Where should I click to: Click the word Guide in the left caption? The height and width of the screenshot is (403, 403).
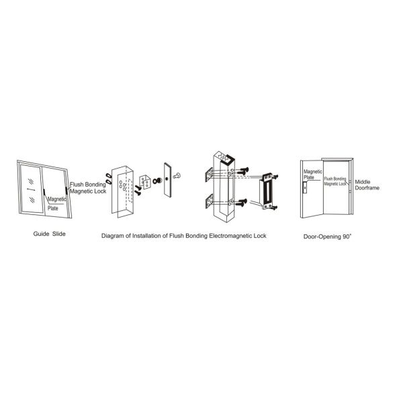(x=41, y=234)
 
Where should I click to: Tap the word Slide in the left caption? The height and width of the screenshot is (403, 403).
(x=59, y=234)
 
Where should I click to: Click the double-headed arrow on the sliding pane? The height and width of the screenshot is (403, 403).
(x=31, y=189)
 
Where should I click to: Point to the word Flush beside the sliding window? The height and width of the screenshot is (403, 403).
(x=77, y=185)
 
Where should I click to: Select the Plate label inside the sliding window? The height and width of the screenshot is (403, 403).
(x=53, y=208)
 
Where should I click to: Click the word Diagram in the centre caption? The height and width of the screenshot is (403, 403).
(x=113, y=236)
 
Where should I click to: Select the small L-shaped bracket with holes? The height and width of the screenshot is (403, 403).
(x=145, y=182)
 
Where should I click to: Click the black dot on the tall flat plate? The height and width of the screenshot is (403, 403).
(x=167, y=179)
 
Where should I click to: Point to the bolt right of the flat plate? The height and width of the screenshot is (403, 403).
(x=177, y=176)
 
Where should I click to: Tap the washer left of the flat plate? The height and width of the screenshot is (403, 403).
(x=157, y=181)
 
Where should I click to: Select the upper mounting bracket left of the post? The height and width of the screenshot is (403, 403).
(x=209, y=175)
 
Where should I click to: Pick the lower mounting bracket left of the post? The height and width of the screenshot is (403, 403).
(x=209, y=201)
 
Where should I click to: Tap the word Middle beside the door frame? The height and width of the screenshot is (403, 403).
(x=363, y=182)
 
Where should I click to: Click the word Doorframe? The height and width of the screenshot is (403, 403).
(x=367, y=188)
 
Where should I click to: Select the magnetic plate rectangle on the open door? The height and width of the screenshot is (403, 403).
(x=305, y=187)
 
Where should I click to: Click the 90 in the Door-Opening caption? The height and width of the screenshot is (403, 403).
(x=345, y=236)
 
